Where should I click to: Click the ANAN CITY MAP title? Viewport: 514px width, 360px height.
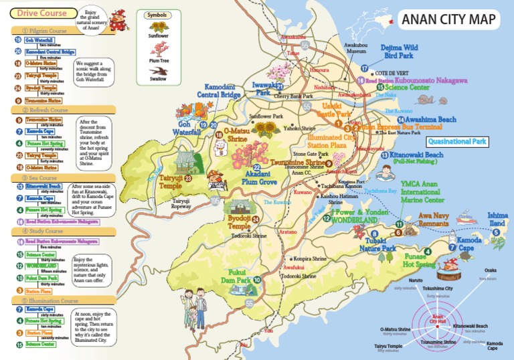(x=448, y=19)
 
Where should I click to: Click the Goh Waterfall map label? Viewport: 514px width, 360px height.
(x=190, y=128)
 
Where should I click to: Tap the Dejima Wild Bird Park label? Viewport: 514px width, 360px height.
(x=399, y=52)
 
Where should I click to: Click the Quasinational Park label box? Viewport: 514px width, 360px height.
(x=456, y=142)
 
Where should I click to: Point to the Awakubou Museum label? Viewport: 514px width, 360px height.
(x=355, y=48)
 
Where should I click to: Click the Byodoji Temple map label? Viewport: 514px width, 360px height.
(x=239, y=222)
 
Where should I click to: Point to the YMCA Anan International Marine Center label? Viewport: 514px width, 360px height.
(x=422, y=191)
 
